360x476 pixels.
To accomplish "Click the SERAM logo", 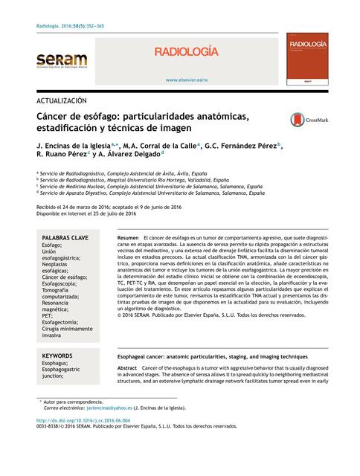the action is tap(62, 62).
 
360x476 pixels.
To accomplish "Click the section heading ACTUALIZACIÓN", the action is tap(62, 99).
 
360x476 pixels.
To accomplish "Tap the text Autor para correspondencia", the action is tap(74, 401).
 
